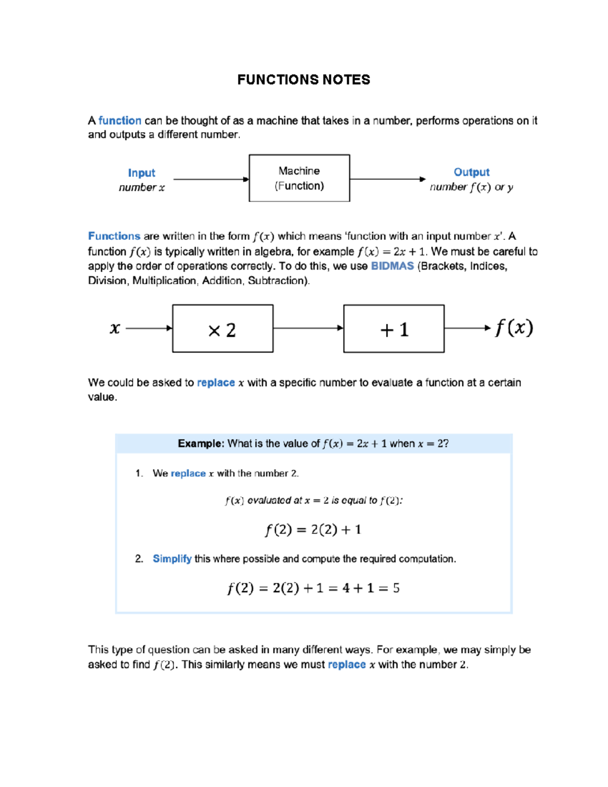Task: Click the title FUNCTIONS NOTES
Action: click(x=303, y=80)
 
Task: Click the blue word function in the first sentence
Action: click(x=120, y=121)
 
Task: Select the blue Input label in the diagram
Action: click(x=141, y=173)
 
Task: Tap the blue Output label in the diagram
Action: click(x=471, y=172)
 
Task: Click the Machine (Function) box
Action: click(x=299, y=178)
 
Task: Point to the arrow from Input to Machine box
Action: click(x=210, y=179)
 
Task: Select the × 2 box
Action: click(x=222, y=329)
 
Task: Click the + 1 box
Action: click(x=394, y=329)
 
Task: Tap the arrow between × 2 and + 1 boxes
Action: click(x=308, y=328)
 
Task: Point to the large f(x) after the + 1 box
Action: click(x=514, y=328)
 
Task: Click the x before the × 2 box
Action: click(x=115, y=328)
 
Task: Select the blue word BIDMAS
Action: click(x=392, y=266)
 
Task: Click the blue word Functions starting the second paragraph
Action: click(x=114, y=236)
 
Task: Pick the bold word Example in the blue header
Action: click(x=200, y=443)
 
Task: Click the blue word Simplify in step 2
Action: click(x=172, y=558)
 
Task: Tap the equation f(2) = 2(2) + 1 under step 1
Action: click(x=313, y=530)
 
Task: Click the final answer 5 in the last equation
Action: click(x=396, y=588)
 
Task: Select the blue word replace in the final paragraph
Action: click(x=347, y=664)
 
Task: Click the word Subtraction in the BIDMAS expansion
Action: click(x=277, y=281)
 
